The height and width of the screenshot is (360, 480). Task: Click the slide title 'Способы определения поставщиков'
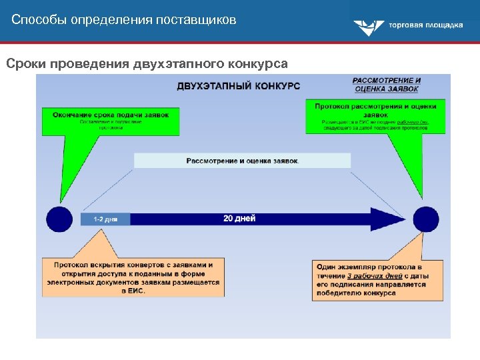[x=124, y=20]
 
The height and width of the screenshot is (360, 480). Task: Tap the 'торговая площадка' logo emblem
[x=368, y=27]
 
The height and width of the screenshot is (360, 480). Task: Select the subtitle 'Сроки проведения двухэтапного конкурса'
[x=147, y=64]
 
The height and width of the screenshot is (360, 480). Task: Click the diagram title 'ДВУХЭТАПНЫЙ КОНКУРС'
[x=238, y=86]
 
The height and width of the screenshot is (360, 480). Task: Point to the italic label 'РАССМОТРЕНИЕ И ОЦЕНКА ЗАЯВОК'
[x=387, y=85]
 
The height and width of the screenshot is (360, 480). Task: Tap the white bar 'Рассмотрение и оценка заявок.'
[x=242, y=161]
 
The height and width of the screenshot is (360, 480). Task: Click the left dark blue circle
[x=59, y=219]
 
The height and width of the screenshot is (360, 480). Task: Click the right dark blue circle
[x=426, y=219]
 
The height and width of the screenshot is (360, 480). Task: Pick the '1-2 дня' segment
[x=105, y=219]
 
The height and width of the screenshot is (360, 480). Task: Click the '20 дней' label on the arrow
[x=239, y=218]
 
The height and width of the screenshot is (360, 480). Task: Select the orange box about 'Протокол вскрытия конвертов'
[x=133, y=277]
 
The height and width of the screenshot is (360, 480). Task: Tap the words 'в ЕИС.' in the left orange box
[x=133, y=291]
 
